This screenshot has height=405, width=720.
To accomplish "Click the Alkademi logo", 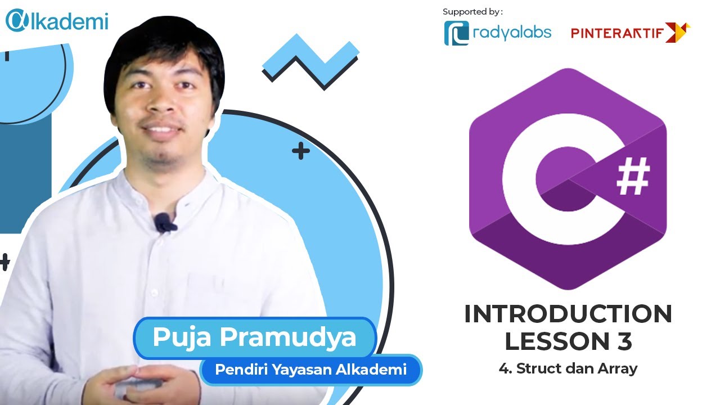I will coord(57,21).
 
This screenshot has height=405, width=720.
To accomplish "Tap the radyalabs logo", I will coord(498,33).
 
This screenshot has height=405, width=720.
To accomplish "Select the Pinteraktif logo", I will coord(630,33).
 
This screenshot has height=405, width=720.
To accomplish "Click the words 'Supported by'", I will coord(472,11).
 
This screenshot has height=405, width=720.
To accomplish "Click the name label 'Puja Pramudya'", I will coord(254,337).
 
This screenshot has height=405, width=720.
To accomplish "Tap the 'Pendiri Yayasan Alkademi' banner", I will coord(311,370).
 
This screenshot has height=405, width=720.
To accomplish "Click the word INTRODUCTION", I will coord(568,314).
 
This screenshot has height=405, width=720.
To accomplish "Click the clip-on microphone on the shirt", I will coord(164,223).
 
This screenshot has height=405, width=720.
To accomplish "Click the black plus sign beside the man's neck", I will coord(301,151).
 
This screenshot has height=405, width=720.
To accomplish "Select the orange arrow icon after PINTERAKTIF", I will coord(677,32).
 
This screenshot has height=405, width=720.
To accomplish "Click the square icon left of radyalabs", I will coord(456,33).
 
